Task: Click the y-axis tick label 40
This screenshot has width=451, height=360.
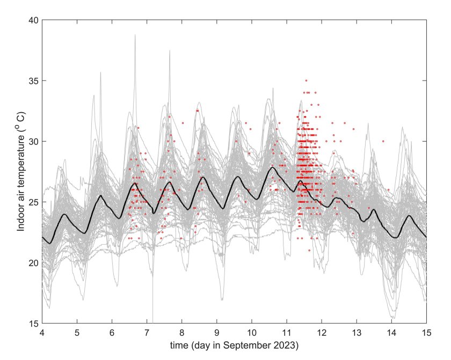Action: tap(33, 20)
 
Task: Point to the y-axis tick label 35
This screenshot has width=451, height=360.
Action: tap(33, 81)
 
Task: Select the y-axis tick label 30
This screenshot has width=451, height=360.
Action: tap(33, 142)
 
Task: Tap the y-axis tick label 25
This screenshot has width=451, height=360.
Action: tap(33, 202)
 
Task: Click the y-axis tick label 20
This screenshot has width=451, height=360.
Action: tap(33, 263)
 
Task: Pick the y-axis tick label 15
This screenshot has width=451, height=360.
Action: tap(33, 324)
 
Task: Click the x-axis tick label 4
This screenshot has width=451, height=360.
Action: tap(42, 333)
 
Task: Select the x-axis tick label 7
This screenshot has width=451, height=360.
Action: tap(147, 333)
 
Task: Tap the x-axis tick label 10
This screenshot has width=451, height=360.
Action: tap(252, 333)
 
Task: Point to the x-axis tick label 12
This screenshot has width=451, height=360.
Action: tap(322, 333)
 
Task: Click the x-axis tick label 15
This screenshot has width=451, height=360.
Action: tap(426, 333)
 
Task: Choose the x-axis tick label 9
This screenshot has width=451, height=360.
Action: tap(217, 333)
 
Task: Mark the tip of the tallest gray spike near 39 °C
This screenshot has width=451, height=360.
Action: tap(135, 35)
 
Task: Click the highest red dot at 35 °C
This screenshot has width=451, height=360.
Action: tap(306, 80)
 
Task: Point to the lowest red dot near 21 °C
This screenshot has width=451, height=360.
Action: tap(309, 251)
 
